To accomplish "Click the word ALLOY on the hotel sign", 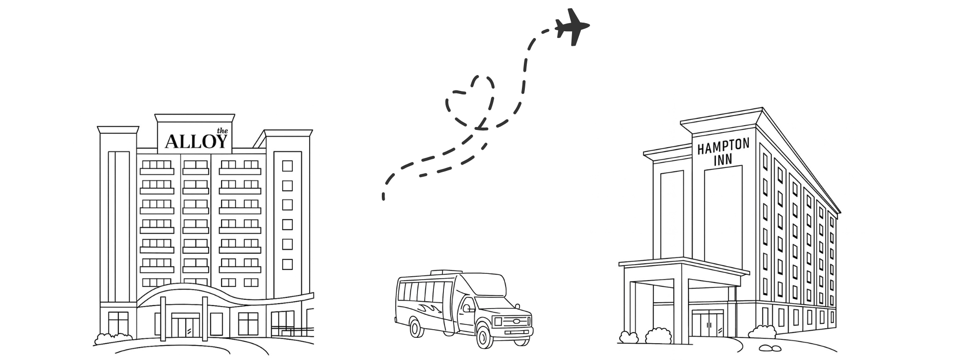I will coord(195,141).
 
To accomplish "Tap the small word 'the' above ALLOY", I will coord(221,130).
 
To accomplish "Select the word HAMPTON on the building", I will coord(723,147).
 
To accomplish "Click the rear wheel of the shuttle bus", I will coord(418,328).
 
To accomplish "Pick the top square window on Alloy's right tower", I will coord(287,166).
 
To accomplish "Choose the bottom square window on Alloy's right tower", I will coord(287,264).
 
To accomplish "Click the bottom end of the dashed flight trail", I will coord(383,197).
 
